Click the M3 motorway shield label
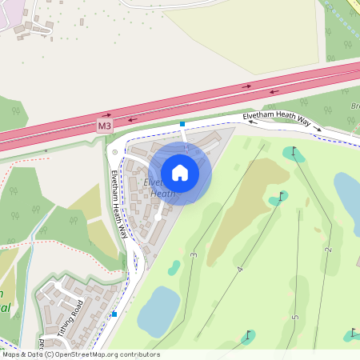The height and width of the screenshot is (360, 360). point(105,126)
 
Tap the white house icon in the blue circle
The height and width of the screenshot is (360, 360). point(180,172)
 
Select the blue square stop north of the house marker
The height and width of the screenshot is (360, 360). point(182,124)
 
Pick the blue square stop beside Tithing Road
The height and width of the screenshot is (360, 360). point(114,314)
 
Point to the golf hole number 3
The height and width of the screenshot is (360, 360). point(194,254)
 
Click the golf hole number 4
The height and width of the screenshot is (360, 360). point(239,270)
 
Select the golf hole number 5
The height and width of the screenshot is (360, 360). point(294,317)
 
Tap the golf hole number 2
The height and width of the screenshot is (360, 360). point(328,250)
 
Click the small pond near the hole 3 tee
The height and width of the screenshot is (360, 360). point(174,268)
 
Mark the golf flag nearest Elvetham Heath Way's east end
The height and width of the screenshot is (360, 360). point(294,152)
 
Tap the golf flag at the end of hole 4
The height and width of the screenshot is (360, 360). point(282,196)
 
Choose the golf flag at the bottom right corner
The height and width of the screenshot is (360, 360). point(353,332)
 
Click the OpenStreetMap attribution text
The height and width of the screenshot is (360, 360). point(80,354)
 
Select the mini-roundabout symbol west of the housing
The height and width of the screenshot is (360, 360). point(115,151)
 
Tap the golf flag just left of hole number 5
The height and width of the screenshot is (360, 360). point(249,335)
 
